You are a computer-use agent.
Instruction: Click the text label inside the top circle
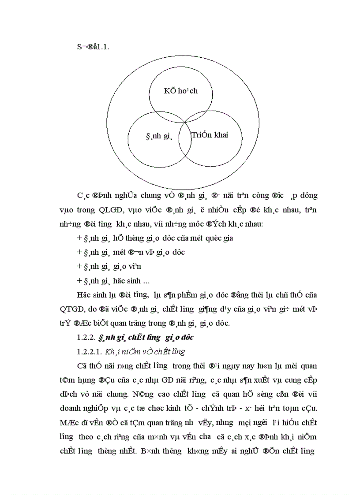pyautogui.click(x=180, y=91)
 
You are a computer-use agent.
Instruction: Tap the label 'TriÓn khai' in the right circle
pyautogui.click(x=210, y=135)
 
